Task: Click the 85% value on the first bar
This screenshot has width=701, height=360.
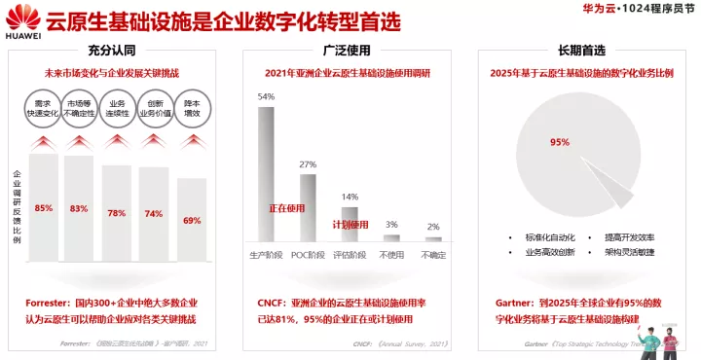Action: coord(44,208)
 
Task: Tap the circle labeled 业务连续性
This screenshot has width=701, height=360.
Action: coord(118,108)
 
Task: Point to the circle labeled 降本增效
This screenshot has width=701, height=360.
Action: coord(193,108)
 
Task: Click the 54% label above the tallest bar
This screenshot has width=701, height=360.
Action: coord(266,97)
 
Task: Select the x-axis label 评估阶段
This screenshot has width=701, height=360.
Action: coord(349,255)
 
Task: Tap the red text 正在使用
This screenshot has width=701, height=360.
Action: coord(288,208)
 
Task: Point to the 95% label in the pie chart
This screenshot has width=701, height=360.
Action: coord(559,142)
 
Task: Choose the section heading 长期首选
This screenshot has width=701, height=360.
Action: coord(582,49)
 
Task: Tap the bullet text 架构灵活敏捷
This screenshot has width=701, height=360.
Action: coord(628,252)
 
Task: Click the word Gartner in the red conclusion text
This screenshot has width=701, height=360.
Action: coord(505,305)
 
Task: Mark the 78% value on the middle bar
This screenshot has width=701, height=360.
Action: coord(117,213)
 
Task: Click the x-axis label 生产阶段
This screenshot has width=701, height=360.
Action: coord(266,255)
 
